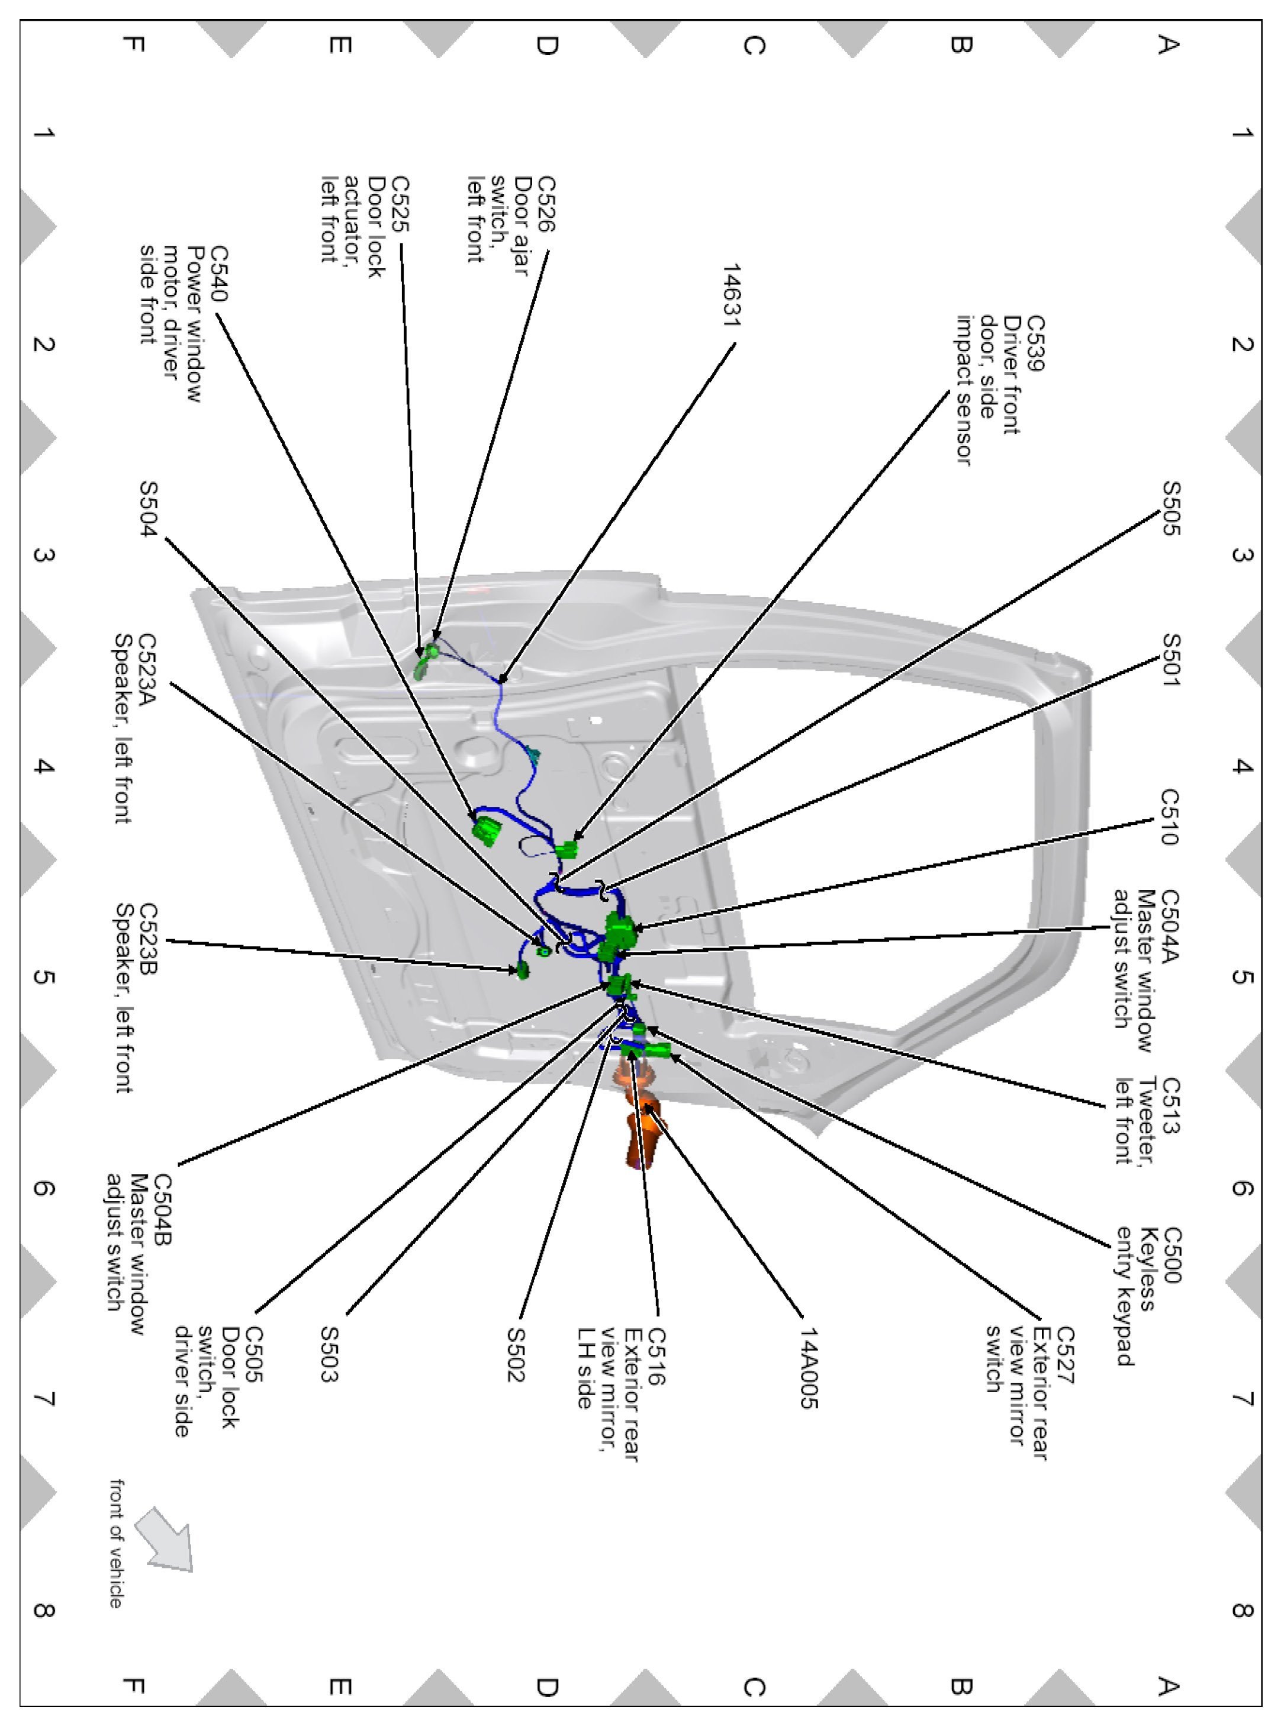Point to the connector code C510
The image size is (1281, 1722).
coord(1169,817)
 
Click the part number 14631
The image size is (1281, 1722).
coord(731,295)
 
